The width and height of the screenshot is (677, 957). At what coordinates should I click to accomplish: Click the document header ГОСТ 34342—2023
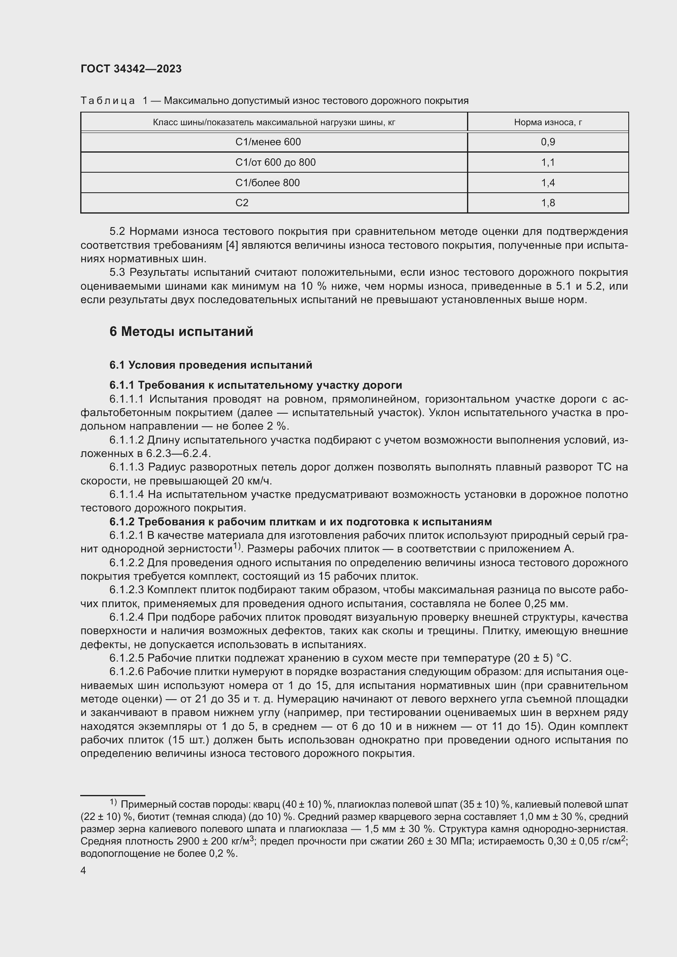pyautogui.click(x=131, y=69)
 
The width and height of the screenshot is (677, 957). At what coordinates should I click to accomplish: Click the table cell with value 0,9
pyautogui.click(x=548, y=142)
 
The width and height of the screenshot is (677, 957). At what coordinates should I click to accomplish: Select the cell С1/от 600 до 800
pyautogui.click(x=275, y=162)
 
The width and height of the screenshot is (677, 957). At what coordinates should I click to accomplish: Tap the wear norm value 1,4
pyautogui.click(x=548, y=182)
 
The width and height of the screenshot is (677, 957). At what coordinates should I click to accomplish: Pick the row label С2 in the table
pyautogui.click(x=242, y=203)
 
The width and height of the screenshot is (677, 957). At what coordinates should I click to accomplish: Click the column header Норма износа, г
pyautogui.click(x=548, y=122)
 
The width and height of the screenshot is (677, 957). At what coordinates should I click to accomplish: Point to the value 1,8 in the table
pyautogui.click(x=548, y=203)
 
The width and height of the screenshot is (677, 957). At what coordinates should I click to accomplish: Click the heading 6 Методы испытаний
pyautogui.click(x=181, y=331)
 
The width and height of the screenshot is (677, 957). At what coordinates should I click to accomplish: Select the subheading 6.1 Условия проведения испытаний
pyautogui.click(x=210, y=365)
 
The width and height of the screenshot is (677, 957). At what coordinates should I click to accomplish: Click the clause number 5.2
pyautogui.click(x=117, y=231)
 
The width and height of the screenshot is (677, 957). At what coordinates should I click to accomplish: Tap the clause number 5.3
pyautogui.click(x=117, y=272)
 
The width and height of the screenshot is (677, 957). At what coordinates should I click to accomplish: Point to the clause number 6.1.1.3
pyautogui.click(x=127, y=467)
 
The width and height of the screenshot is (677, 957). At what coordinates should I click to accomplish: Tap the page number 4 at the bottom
pyautogui.click(x=83, y=870)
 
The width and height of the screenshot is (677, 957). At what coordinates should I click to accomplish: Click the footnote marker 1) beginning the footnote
pyautogui.click(x=113, y=802)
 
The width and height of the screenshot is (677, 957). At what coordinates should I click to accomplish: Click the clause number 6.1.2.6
pyautogui.click(x=127, y=672)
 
